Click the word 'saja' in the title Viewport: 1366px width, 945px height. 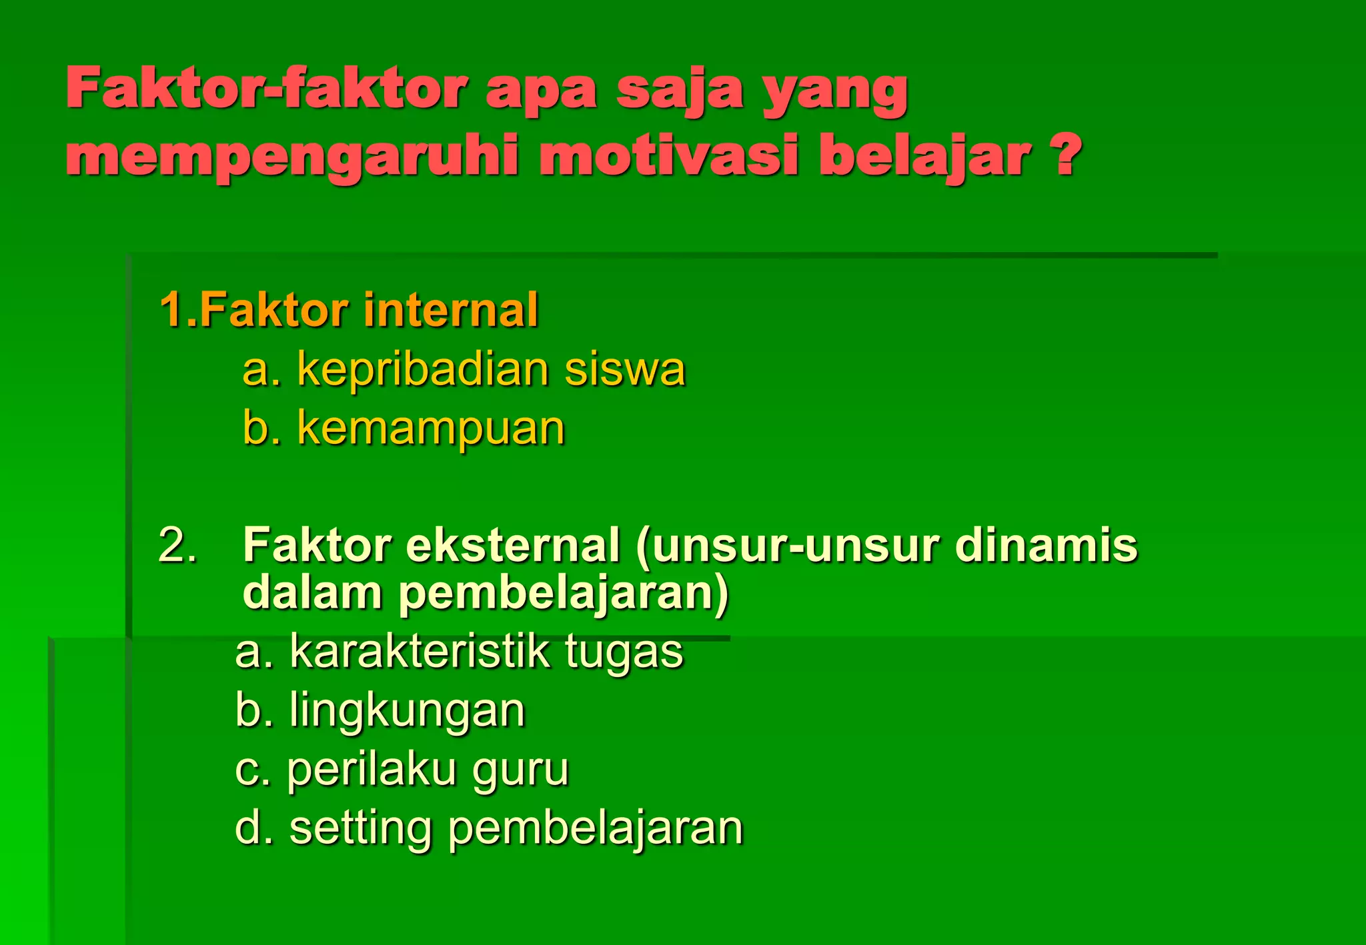679,90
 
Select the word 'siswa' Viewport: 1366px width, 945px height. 624,369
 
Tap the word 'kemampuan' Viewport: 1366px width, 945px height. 431,429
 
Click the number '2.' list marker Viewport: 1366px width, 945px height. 177,546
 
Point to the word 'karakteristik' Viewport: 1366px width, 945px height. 420,652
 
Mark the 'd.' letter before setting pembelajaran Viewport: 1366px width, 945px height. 253,828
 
